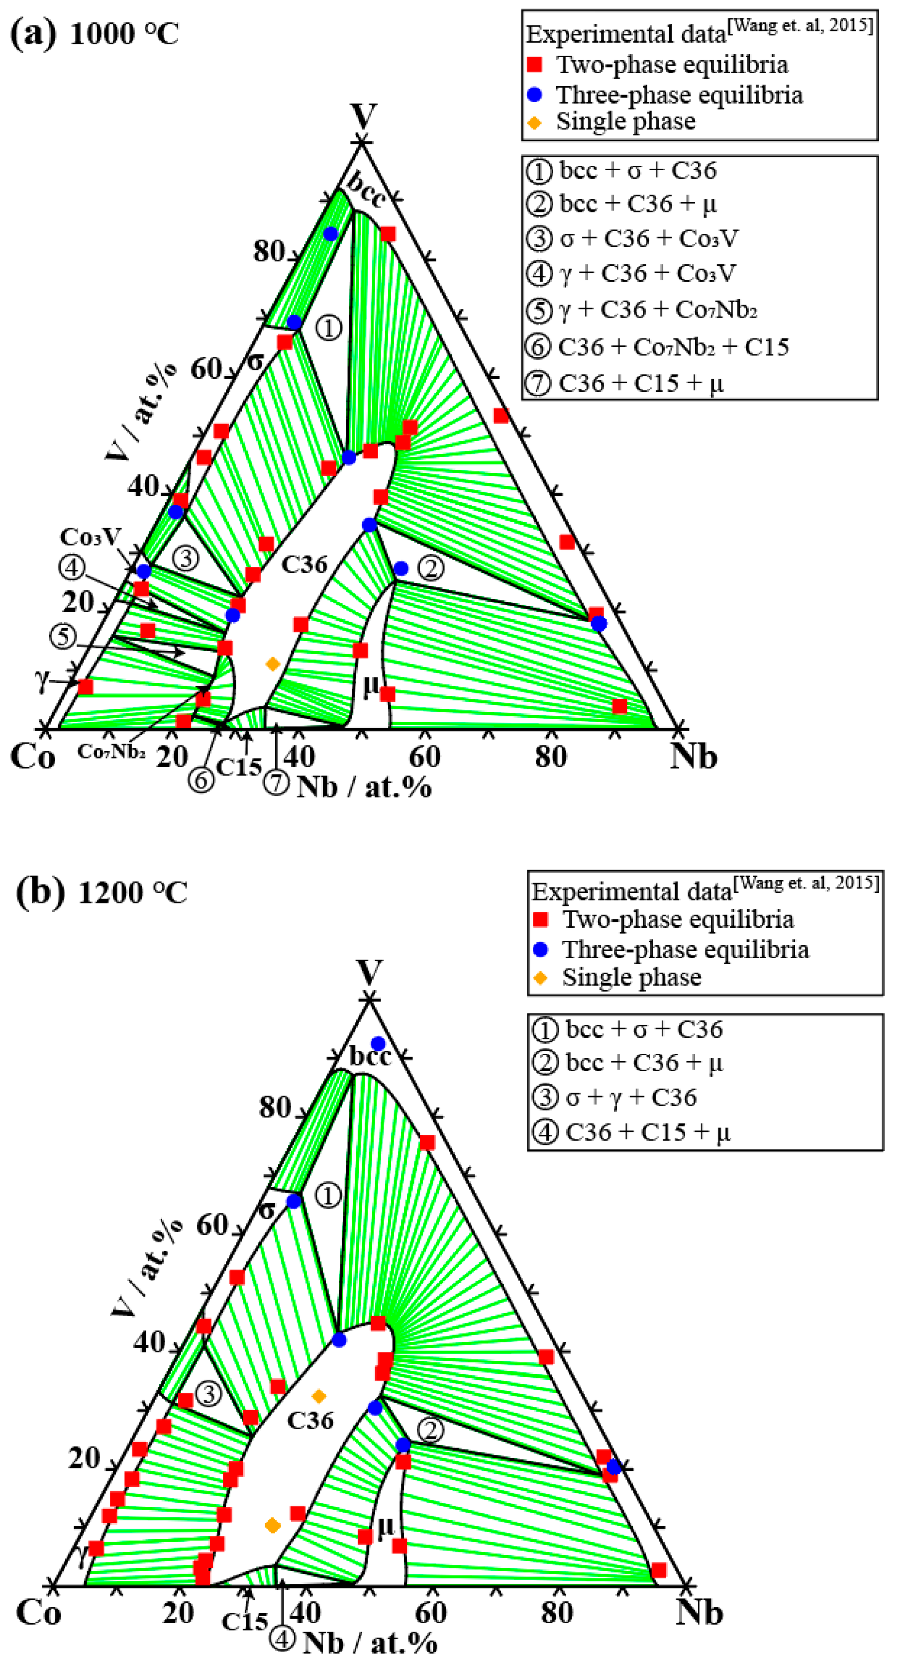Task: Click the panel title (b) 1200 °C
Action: coord(101,892)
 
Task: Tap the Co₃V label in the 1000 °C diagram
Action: coord(91,537)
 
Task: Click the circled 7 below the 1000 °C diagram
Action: coord(276,782)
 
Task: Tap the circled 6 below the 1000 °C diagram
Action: coord(201,780)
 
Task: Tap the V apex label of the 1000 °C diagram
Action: coord(364,116)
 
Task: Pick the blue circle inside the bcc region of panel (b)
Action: coord(378,1043)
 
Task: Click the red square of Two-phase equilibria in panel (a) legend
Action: coord(534,65)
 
